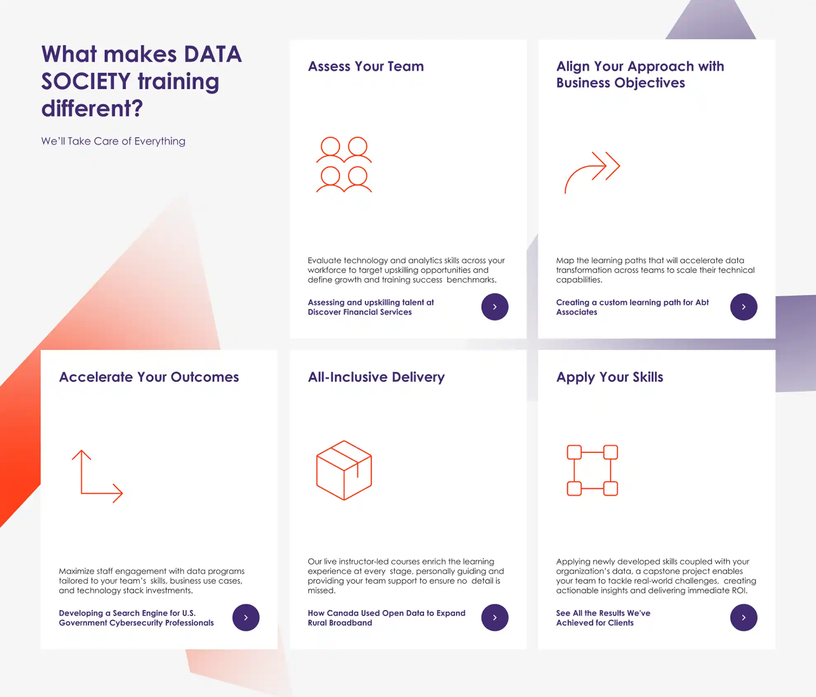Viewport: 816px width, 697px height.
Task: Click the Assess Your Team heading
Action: pyautogui.click(x=366, y=66)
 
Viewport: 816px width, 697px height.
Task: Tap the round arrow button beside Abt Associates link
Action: pyautogui.click(x=743, y=307)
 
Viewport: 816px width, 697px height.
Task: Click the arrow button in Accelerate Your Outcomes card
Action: pyautogui.click(x=246, y=618)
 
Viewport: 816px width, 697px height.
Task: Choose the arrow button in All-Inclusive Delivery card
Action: pyautogui.click(x=495, y=618)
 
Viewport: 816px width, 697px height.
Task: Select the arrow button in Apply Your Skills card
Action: pyautogui.click(x=743, y=618)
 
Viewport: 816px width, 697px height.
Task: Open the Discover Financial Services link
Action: pyautogui.click(x=371, y=307)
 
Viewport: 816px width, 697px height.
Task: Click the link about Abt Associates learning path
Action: pyautogui.click(x=632, y=307)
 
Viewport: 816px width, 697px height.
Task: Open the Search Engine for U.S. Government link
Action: pyautogui.click(x=136, y=618)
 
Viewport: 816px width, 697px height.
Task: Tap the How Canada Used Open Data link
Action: pyautogui.click(x=387, y=618)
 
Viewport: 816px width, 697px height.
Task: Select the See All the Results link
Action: pyautogui.click(x=603, y=618)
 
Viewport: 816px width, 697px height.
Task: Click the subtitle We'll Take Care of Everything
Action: pyautogui.click(x=113, y=141)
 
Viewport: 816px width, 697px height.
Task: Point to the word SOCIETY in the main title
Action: pyautogui.click(x=86, y=81)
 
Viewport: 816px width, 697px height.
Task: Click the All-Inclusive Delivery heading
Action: pyautogui.click(x=376, y=377)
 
